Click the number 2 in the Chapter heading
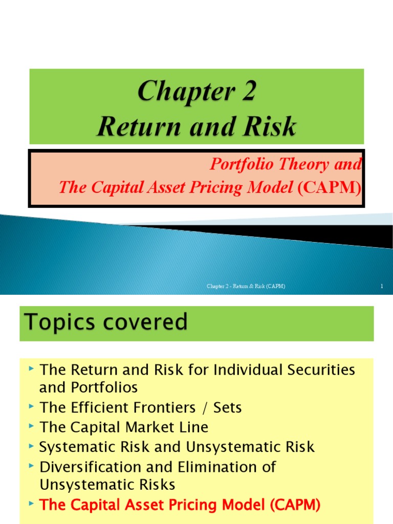coord(246,93)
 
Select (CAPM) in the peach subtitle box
coord(329,187)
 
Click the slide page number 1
coord(382,287)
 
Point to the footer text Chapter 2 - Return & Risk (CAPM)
coord(246,287)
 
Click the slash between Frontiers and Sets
coord(216,407)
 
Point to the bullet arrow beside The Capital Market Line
coord(32,426)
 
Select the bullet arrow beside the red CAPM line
coord(32,505)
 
